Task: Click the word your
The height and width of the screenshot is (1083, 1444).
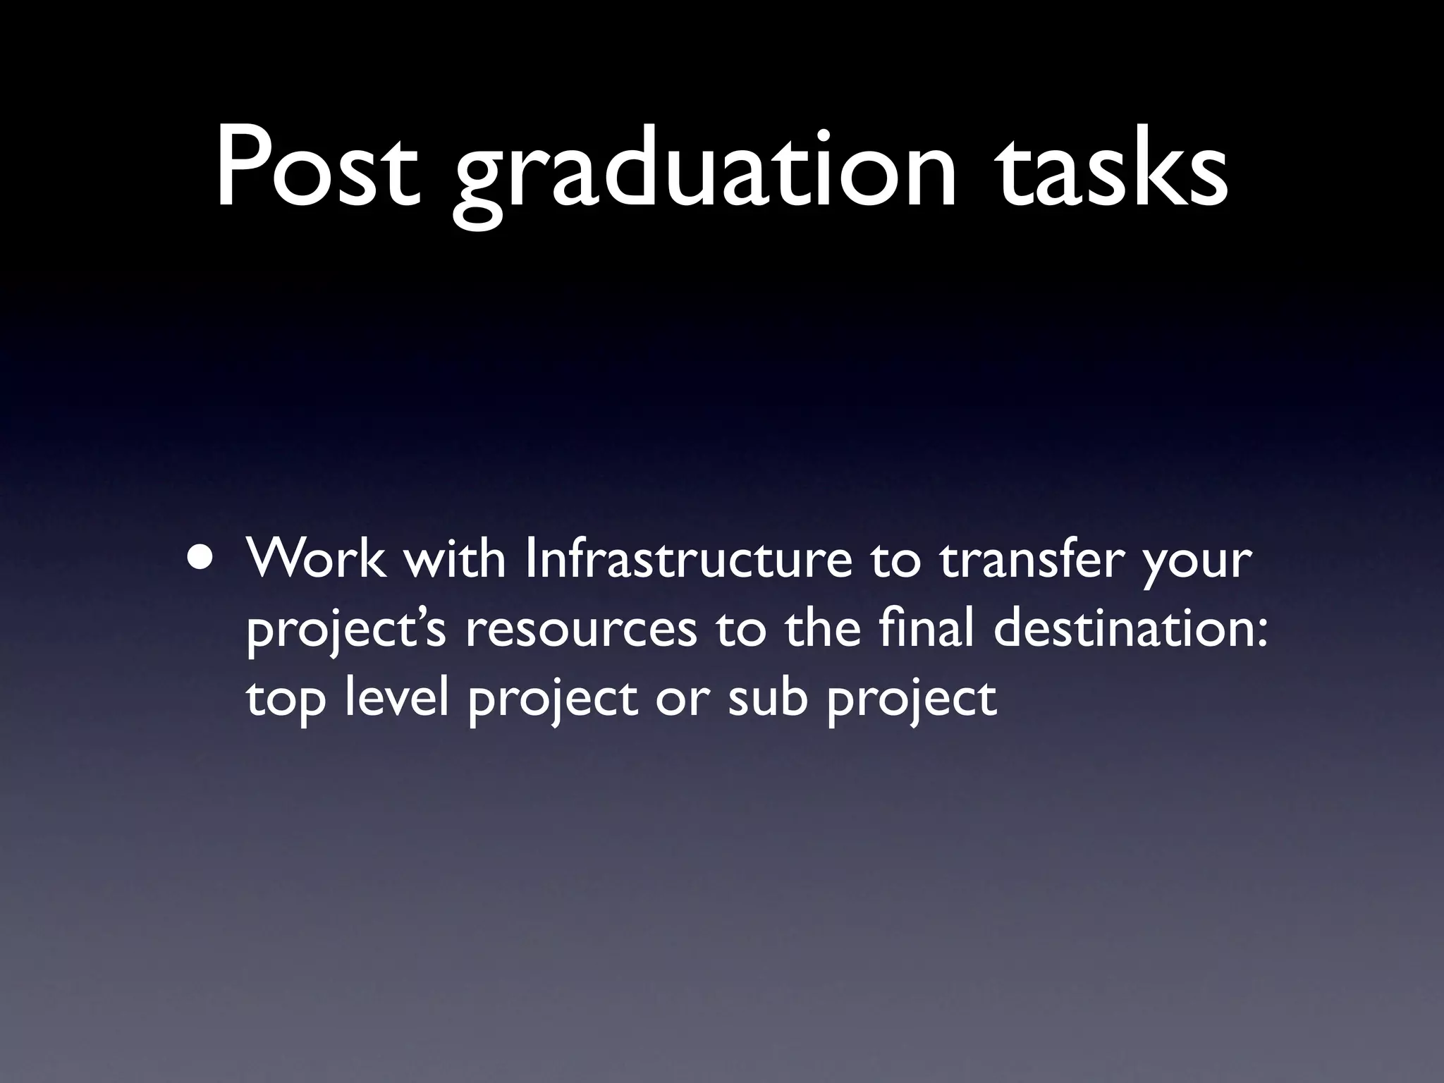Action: pyautogui.click(x=1197, y=564)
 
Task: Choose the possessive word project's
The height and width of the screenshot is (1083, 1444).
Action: pyautogui.click(x=345, y=632)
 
